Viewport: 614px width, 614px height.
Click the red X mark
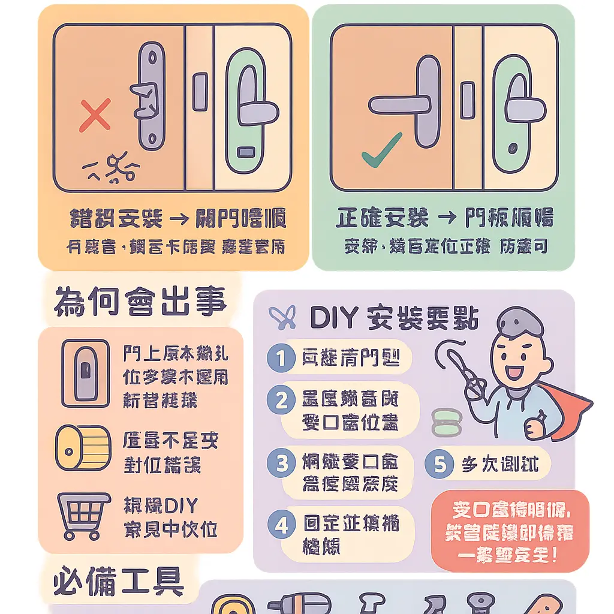[x=95, y=116]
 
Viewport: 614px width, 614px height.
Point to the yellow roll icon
[x=83, y=449]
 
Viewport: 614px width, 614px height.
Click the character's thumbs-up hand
[x=535, y=423]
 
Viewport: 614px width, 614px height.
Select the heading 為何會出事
[x=140, y=302]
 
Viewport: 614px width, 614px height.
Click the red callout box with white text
[x=510, y=531]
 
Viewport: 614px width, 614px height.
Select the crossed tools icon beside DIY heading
[x=282, y=318]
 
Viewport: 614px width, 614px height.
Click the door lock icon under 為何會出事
[x=86, y=372]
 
